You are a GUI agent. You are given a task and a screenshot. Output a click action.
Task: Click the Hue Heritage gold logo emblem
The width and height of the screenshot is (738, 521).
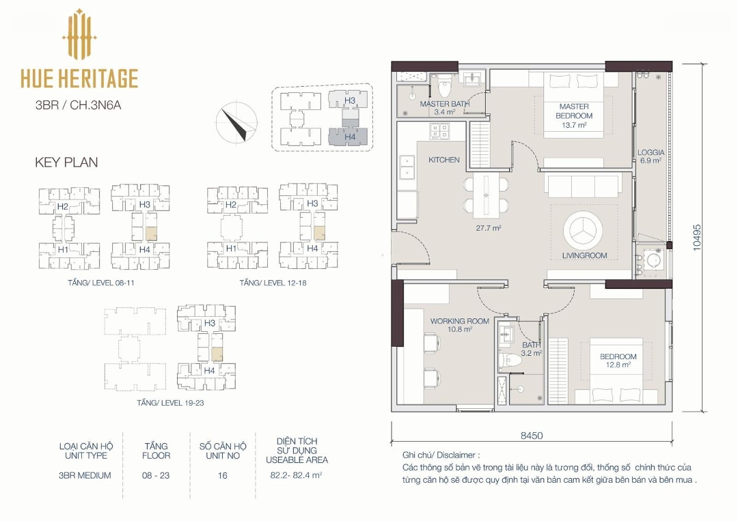point(79,34)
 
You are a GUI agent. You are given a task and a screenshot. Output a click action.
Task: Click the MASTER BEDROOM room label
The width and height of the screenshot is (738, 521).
point(574,111)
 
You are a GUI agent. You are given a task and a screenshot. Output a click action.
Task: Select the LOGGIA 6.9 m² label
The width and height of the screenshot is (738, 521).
point(651,156)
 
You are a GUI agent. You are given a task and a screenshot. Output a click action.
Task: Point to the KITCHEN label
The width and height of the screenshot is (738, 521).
point(444,160)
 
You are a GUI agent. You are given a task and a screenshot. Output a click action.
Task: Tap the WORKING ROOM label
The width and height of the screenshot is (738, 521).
point(459,321)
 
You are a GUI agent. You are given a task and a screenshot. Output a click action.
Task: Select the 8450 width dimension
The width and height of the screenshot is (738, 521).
point(532,436)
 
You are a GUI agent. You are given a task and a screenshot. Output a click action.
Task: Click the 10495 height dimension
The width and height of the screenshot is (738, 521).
point(697,238)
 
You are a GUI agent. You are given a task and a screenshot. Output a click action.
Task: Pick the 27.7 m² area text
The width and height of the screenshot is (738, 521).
point(488,228)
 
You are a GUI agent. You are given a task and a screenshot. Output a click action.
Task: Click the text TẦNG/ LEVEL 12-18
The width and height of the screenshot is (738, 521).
point(273,283)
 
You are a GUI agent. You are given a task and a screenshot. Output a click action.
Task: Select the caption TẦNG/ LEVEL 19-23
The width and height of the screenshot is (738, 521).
point(170,403)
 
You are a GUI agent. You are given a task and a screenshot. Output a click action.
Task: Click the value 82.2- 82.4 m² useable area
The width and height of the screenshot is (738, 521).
point(296,475)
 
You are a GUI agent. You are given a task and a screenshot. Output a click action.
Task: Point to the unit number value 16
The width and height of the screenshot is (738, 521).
point(223,475)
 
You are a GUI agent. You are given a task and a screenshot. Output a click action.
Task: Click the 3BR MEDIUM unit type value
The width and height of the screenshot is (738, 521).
point(85,475)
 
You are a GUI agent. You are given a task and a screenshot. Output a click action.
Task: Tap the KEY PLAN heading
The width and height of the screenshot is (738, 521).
point(66,163)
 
